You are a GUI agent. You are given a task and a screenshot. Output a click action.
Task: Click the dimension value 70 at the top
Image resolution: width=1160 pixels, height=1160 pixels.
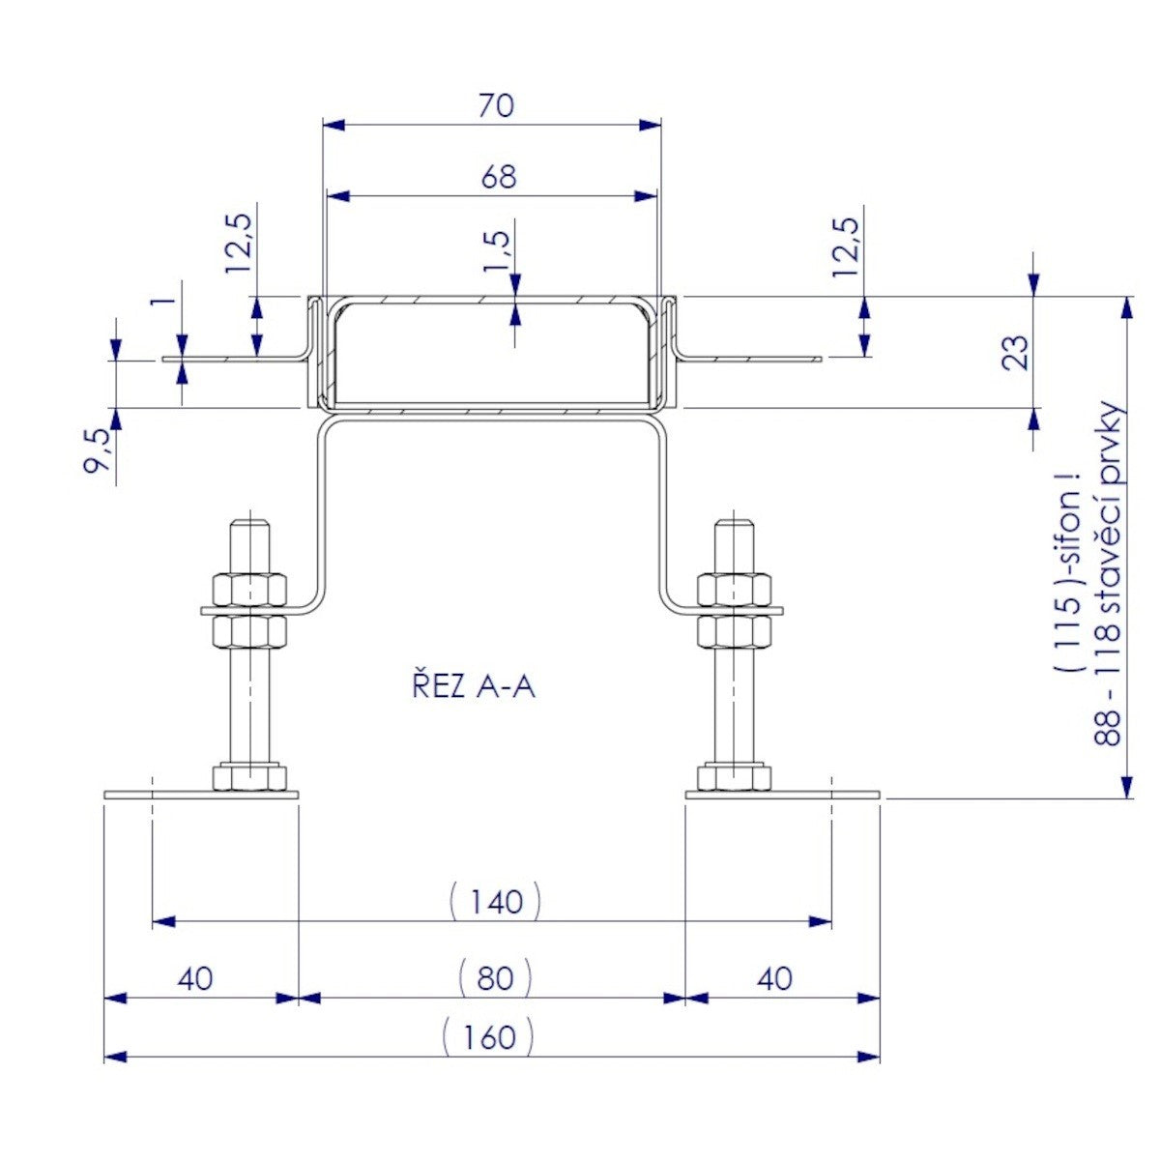pos(497,106)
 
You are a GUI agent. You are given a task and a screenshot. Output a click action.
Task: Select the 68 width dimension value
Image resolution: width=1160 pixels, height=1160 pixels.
pos(499,177)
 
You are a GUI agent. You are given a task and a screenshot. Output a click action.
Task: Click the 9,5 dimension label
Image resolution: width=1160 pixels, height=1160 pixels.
pos(97,450)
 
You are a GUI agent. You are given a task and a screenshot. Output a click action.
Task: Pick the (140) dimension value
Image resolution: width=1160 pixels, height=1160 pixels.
pos(495,901)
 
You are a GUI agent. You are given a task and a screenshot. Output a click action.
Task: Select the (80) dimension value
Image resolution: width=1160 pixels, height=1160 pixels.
pos(495,978)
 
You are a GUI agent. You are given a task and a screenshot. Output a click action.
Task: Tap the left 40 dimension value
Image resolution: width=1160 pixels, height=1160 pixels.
pos(195,978)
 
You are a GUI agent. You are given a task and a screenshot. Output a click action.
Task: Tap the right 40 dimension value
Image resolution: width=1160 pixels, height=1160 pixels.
pos(774,978)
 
